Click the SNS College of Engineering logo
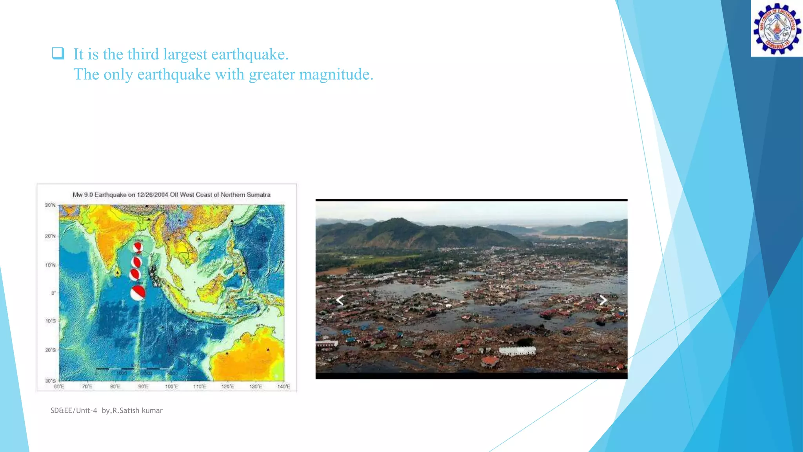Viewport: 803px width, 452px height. (777, 29)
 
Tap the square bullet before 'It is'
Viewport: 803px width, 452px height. (58, 53)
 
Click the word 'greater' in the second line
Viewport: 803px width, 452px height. (272, 75)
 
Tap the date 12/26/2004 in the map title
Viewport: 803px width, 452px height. (153, 195)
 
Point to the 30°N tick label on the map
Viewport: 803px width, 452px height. (50, 205)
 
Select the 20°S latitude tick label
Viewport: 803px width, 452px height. (50, 350)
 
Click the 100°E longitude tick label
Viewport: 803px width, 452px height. (171, 386)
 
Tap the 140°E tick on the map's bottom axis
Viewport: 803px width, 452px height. (283, 386)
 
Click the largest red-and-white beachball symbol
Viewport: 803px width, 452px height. (138, 293)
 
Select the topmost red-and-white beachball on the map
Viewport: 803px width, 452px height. (138, 247)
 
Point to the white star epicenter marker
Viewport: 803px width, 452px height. (156, 284)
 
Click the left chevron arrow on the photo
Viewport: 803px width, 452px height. (340, 300)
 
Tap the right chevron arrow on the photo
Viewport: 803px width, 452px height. (603, 300)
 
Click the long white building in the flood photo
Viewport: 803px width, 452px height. (517, 351)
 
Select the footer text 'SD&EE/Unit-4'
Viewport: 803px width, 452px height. (74, 410)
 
